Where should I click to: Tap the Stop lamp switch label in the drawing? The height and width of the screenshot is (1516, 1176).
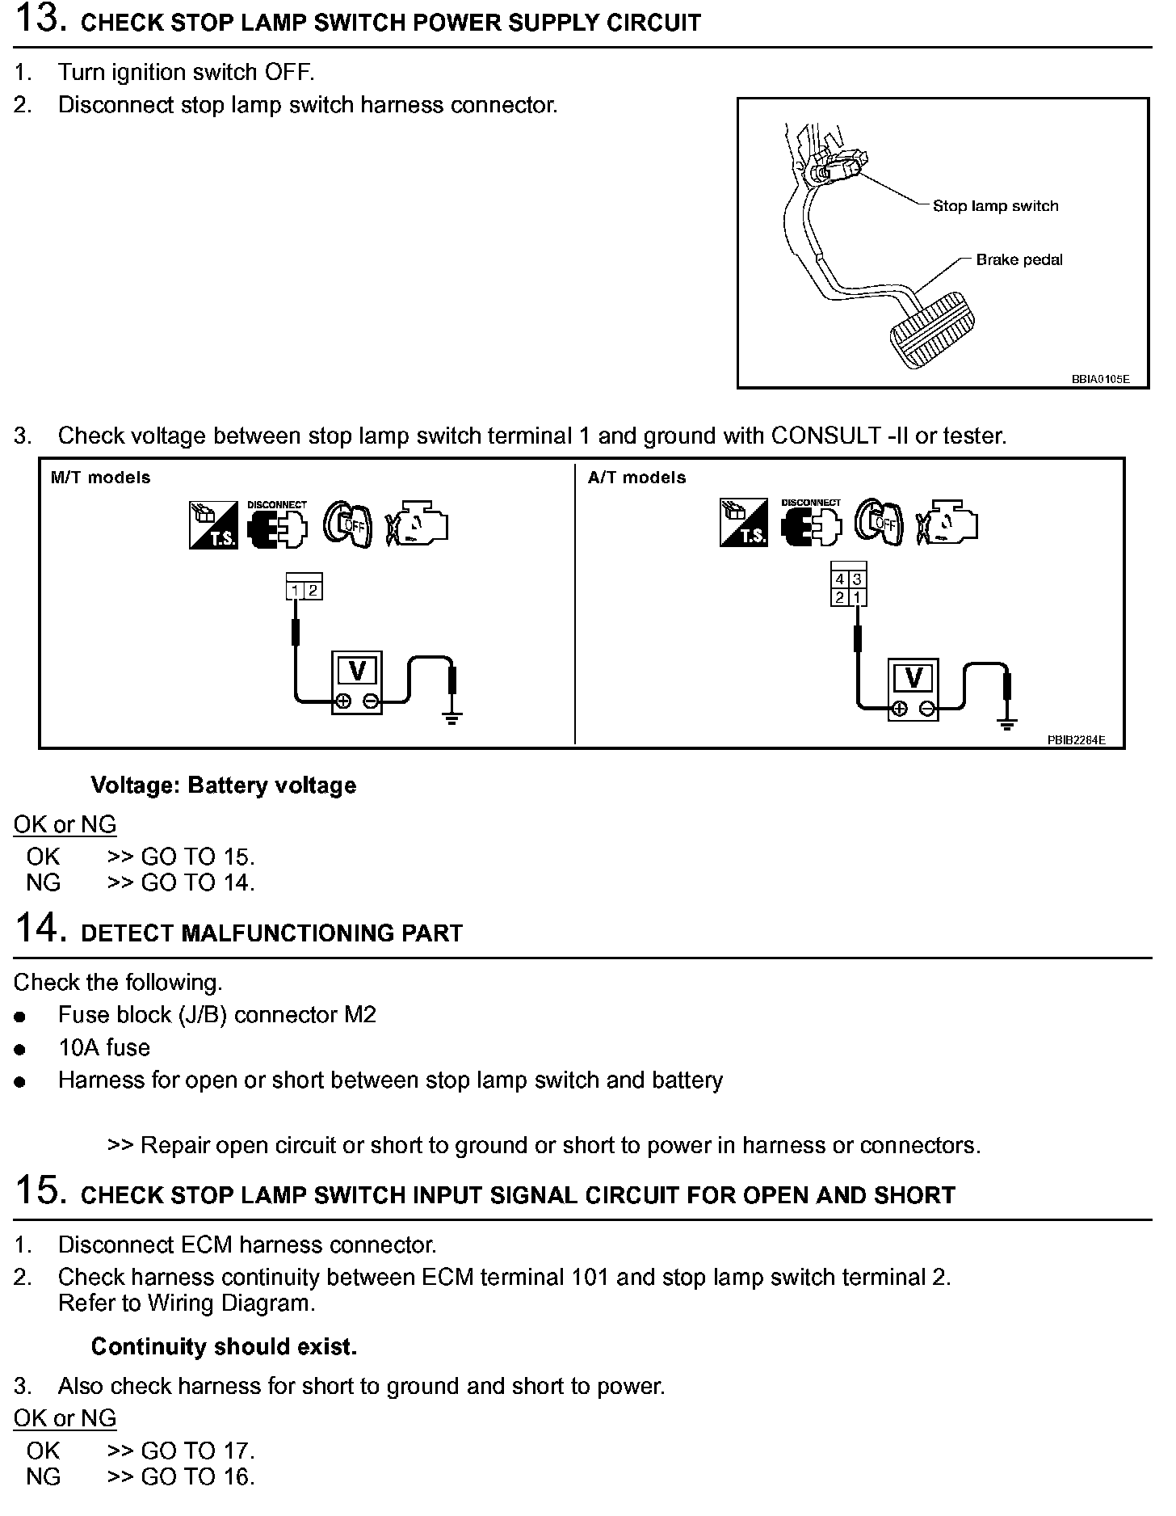tap(995, 206)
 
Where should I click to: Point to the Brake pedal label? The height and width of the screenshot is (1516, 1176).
tap(1019, 260)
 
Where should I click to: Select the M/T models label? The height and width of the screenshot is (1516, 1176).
tap(100, 478)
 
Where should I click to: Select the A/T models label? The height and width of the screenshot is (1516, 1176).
tap(636, 478)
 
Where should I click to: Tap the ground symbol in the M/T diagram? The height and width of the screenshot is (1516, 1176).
tap(452, 718)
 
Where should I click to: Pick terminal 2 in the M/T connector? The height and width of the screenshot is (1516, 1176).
tap(313, 591)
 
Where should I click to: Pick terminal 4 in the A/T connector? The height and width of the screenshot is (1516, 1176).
tap(840, 579)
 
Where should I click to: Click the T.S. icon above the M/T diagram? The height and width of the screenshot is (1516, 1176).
tap(213, 525)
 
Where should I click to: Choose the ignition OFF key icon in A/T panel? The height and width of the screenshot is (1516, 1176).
tap(879, 523)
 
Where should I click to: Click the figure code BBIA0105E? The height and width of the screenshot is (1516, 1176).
tap(1100, 379)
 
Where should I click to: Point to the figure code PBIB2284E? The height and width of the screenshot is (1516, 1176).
tap(1077, 739)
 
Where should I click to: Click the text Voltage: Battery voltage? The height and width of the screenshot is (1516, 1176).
tap(224, 785)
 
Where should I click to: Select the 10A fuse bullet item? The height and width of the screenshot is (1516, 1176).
tap(104, 1048)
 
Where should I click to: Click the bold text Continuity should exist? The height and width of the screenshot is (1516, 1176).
tap(224, 1346)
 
